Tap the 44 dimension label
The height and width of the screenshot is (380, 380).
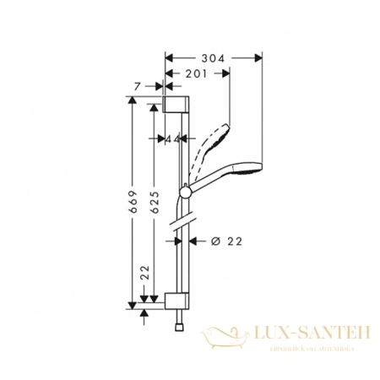175,138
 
